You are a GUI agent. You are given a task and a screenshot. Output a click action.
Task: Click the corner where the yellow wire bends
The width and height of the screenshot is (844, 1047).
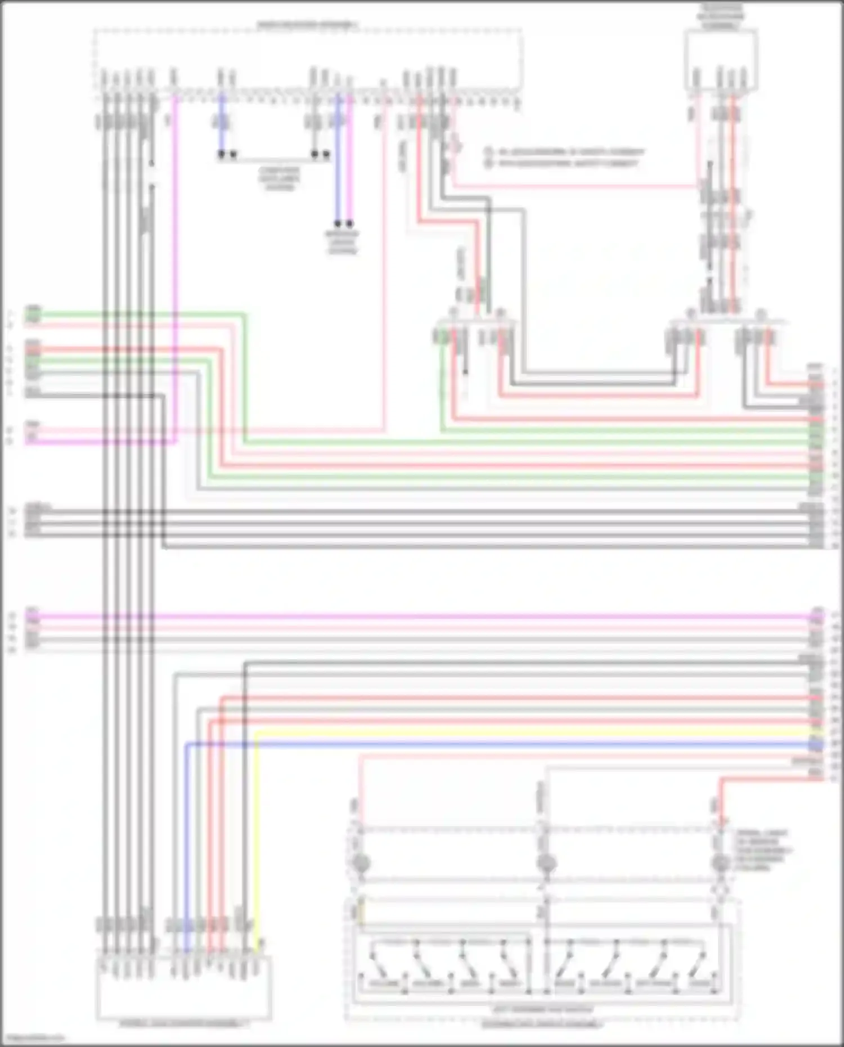(257, 733)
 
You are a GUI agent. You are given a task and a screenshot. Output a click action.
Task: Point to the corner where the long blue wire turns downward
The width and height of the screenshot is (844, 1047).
(187, 745)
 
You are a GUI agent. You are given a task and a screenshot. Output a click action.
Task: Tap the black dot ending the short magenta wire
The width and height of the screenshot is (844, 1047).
(350, 223)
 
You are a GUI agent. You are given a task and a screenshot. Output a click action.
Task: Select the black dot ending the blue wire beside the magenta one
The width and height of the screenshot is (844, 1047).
(338, 223)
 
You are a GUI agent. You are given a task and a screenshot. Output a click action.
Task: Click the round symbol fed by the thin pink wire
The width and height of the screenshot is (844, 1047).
(361, 862)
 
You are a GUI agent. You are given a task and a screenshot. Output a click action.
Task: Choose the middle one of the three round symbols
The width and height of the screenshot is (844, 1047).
(546, 862)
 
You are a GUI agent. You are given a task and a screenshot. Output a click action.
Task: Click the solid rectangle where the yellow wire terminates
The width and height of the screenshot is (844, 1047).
(184, 987)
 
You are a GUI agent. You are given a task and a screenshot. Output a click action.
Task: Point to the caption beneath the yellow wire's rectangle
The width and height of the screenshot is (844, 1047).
(184, 1024)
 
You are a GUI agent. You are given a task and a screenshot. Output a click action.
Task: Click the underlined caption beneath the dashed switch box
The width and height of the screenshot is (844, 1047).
(541, 1025)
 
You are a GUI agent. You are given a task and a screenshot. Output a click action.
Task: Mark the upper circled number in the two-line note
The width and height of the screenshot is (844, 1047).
(489, 152)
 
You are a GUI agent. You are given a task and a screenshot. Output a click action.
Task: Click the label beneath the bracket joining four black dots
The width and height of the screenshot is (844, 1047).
(280, 178)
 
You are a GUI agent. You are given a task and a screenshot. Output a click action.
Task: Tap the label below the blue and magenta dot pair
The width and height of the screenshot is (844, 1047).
(342, 242)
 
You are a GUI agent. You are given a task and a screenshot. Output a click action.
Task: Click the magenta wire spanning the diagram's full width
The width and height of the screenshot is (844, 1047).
(422, 617)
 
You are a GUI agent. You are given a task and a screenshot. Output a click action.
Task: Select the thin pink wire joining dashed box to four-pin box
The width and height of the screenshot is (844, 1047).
(574, 186)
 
